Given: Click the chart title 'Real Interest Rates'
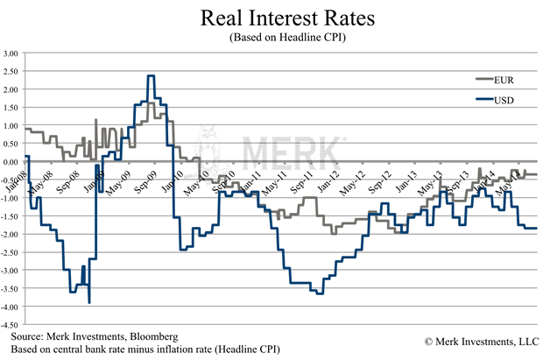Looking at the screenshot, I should click(271, 19).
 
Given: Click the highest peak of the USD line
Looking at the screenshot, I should click(152, 76).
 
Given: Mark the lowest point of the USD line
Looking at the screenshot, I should click(90, 302).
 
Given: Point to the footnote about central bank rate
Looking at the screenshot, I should click(145, 349).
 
